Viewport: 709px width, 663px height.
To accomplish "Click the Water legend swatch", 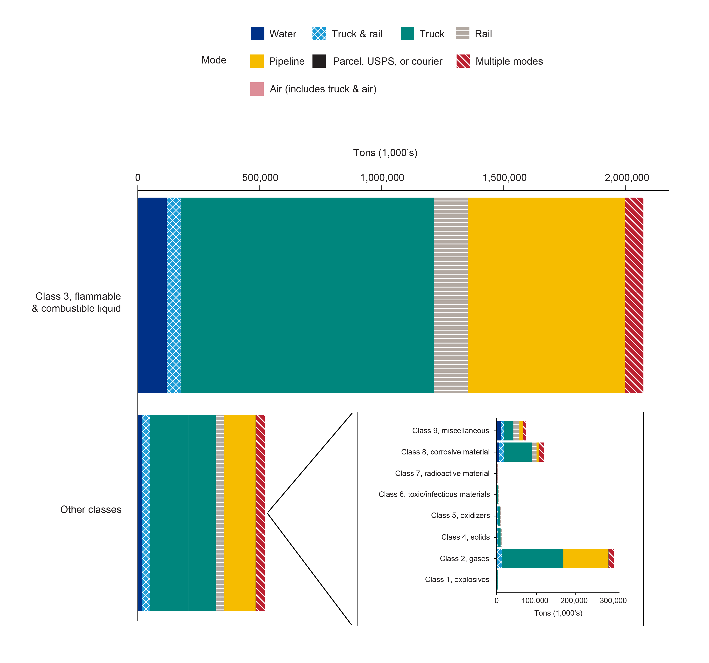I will (257, 34).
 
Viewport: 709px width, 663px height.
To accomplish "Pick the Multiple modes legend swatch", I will (463, 61).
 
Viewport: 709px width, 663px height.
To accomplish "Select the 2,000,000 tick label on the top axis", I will (627, 178).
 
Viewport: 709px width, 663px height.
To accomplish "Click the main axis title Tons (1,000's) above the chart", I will (385, 153).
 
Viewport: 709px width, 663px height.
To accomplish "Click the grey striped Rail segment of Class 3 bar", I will (451, 296).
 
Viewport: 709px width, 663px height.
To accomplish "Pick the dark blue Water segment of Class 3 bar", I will (152, 296).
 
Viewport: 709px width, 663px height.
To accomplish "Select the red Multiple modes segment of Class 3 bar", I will (634, 296).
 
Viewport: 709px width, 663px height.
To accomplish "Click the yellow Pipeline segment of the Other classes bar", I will (240, 513).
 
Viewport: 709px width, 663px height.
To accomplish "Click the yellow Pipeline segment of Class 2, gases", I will (586, 559).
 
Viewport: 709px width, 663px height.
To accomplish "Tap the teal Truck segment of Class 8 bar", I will (518, 452).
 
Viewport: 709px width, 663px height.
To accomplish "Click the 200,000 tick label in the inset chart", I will (574, 601).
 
